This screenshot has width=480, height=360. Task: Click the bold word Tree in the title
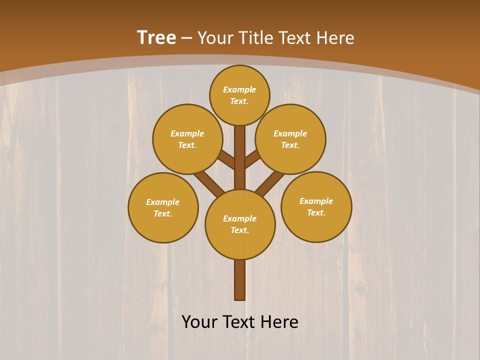156,38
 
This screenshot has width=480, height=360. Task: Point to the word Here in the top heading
335,38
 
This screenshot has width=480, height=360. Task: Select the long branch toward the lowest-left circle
209,182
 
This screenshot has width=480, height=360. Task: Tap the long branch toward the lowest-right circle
270,182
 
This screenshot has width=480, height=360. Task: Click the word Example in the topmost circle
239,89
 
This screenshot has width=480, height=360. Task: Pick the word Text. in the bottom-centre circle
239,230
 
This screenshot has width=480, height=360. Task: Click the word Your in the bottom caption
200,322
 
